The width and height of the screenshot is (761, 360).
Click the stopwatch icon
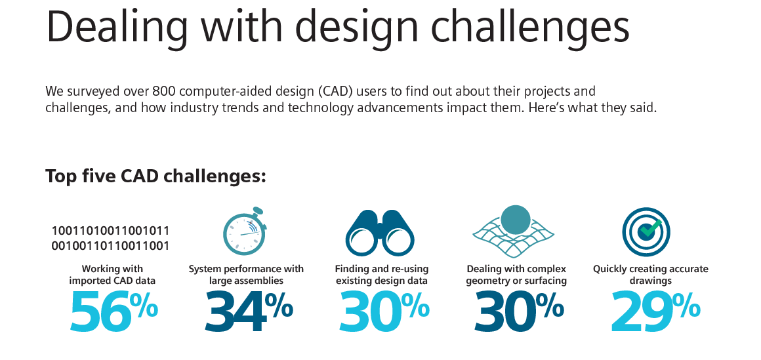coord(245,232)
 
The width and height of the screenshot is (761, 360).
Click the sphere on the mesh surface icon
coord(515,220)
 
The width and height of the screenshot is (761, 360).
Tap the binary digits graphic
coord(111,238)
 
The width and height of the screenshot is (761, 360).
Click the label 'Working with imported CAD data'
coord(112,275)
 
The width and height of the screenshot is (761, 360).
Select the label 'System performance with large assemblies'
coord(246,275)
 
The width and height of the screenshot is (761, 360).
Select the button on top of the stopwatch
coord(258,211)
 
